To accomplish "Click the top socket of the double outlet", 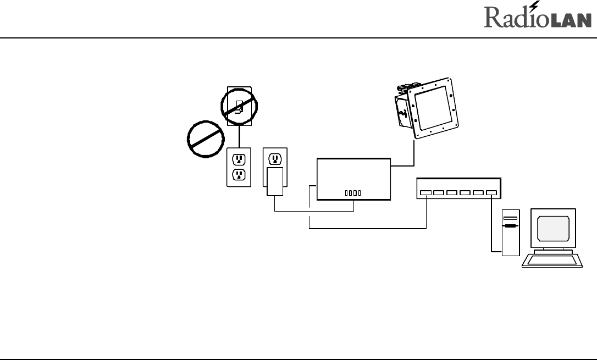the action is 239,159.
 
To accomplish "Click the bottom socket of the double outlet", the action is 239,175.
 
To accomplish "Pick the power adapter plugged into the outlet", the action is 275,182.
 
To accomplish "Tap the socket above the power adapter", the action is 275,159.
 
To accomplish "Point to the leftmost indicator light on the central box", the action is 346,193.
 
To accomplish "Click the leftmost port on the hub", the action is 425,193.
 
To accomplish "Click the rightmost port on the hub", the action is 491,193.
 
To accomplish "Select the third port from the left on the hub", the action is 452,193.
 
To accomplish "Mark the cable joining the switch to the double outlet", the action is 239,137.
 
